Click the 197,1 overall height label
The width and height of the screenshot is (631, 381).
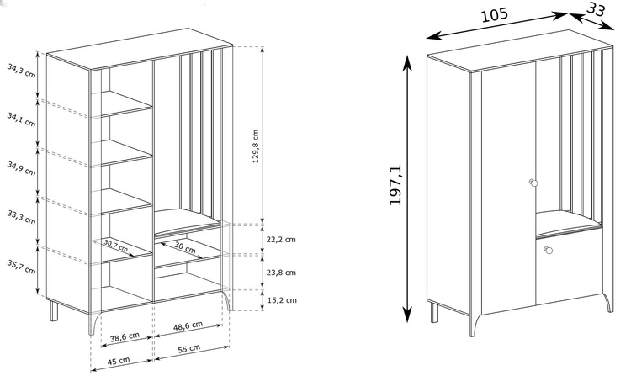395,185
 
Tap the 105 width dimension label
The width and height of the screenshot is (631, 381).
495,15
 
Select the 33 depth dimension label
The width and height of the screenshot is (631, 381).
596,9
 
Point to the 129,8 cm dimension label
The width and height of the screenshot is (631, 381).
256,146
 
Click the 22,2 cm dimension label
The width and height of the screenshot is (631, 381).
281,240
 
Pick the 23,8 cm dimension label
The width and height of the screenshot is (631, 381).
281,273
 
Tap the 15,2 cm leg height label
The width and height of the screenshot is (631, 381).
282,300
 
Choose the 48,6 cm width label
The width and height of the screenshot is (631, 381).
188,325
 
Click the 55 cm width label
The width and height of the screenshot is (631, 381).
189,348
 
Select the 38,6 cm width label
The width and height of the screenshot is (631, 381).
125,336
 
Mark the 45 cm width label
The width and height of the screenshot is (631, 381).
119,361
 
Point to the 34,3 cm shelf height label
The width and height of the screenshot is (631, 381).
21,71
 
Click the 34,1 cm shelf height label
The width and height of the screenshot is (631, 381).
21,119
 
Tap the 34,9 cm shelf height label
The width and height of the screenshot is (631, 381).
21,168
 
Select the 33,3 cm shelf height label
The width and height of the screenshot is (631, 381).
21,217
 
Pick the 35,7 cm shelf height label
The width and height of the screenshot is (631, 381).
21,267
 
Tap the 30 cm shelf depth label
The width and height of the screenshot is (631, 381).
185,247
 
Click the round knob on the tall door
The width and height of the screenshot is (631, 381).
533,183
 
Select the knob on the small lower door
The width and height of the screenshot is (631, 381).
548,250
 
